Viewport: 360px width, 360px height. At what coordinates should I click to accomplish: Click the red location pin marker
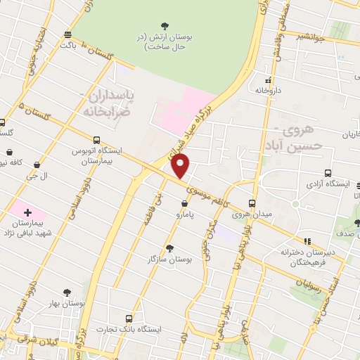(181, 165)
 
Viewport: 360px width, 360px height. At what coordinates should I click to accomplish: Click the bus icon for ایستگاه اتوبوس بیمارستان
(96, 140)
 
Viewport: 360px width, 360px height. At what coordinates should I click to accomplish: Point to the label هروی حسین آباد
(300, 139)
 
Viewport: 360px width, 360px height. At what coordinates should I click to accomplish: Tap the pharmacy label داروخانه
(268, 91)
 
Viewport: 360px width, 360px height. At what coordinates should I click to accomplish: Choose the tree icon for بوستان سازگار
(169, 247)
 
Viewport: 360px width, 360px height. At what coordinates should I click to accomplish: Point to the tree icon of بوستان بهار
(67, 291)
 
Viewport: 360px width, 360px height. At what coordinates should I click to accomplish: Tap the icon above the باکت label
(67, 34)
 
